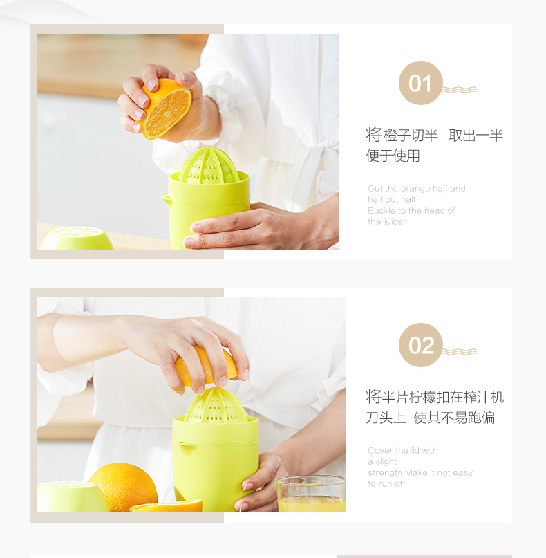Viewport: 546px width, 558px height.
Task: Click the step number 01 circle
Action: (420, 83)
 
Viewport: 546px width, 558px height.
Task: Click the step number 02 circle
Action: (420, 345)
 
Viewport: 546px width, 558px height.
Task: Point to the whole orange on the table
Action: (123, 486)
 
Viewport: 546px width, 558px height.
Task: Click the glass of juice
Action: (311, 494)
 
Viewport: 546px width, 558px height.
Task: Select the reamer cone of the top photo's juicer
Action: (209, 166)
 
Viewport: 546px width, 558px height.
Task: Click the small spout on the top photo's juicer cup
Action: (166, 201)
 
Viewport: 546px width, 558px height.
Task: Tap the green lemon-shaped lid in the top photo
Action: (77, 239)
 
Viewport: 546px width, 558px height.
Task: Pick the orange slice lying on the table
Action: (167, 507)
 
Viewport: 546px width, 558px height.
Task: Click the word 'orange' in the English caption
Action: (415, 188)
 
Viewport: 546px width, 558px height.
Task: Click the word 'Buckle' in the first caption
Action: (382, 210)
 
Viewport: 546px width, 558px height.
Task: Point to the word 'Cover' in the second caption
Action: (381, 450)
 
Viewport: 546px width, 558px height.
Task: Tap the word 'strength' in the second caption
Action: (385, 472)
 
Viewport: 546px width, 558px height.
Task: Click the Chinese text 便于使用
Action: (393, 156)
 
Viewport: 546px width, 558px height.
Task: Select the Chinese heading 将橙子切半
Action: (402, 135)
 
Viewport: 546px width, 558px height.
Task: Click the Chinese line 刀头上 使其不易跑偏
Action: (430, 418)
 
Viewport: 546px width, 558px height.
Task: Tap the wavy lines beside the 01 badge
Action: (459, 89)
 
